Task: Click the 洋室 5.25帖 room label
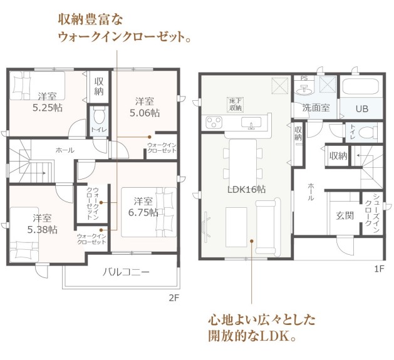(48, 102)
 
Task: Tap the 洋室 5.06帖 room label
(145, 107)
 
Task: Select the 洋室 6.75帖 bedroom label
(143, 207)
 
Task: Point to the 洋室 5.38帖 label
(42, 224)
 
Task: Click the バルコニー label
(126, 272)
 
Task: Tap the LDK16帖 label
(246, 190)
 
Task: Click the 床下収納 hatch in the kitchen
(236, 105)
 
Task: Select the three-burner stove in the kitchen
(214, 122)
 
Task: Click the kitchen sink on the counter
(251, 123)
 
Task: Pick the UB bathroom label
(362, 109)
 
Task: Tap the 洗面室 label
(316, 108)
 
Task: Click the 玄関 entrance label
(345, 215)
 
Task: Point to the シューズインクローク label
(373, 212)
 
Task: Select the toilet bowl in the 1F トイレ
(368, 132)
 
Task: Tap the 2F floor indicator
(174, 298)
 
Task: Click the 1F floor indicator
(379, 269)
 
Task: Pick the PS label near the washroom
(304, 78)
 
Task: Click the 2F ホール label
(65, 150)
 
